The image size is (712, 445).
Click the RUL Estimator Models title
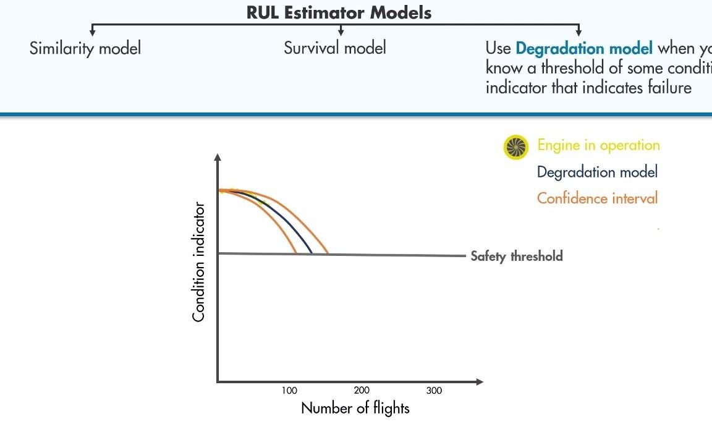click(x=339, y=12)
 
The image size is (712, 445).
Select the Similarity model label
click(x=85, y=48)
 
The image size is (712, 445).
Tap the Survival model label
click(x=335, y=48)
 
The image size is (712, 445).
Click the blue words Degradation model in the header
click(x=583, y=48)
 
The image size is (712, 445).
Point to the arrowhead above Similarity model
click(x=93, y=32)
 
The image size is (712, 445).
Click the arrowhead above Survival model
click(x=341, y=32)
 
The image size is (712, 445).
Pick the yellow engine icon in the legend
click(x=516, y=147)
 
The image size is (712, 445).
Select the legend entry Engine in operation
click(x=598, y=145)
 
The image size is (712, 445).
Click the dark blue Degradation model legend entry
click(x=597, y=172)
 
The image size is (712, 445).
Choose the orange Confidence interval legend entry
click(x=597, y=198)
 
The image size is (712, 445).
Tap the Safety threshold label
click(x=517, y=256)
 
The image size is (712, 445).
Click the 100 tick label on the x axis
click(x=289, y=391)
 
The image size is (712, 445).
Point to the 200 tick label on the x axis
click(x=362, y=391)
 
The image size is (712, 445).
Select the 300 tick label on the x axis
click(x=434, y=391)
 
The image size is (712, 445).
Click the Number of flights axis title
click(x=355, y=408)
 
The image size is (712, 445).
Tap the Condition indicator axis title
click(x=198, y=261)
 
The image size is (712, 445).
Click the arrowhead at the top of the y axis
click(x=218, y=158)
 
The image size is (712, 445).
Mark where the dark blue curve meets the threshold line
click(x=311, y=253)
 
